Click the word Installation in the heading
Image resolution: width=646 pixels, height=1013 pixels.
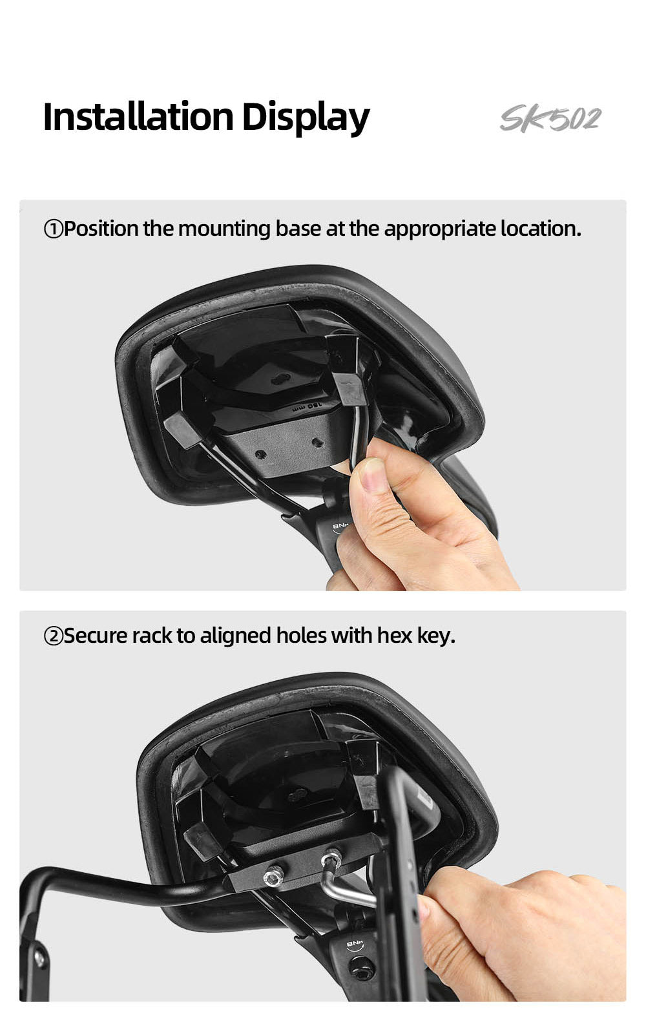(x=138, y=117)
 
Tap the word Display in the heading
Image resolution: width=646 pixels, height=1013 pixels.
(x=306, y=118)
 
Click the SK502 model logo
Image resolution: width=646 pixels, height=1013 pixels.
(x=550, y=119)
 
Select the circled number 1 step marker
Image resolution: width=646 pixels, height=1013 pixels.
(x=53, y=229)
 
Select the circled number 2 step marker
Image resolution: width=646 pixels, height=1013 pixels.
(x=53, y=636)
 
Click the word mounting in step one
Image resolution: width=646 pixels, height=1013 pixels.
(x=224, y=229)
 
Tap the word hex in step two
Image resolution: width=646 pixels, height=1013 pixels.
(x=395, y=636)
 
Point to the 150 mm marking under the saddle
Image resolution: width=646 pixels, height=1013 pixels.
(x=307, y=407)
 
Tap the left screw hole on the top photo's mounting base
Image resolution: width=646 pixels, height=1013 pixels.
(x=261, y=453)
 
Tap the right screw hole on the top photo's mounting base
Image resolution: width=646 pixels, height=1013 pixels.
(x=317, y=443)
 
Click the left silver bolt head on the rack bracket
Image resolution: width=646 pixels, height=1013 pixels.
(x=272, y=877)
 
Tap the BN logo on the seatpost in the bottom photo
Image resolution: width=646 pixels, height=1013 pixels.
(x=355, y=945)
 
